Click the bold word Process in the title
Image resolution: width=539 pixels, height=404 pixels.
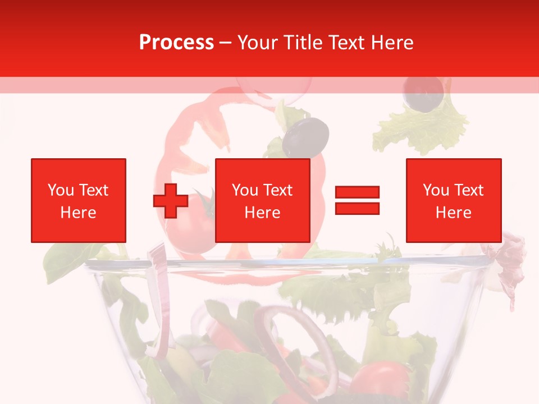(176, 43)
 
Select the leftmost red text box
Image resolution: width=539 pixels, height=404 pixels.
(78, 200)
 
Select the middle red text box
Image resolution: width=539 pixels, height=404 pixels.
(262, 200)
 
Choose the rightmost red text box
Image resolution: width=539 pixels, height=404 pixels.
(453, 200)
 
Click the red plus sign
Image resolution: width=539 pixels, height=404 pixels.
(171, 200)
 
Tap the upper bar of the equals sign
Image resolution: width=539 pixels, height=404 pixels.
(357, 192)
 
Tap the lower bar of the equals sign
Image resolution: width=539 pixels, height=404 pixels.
(357, 209)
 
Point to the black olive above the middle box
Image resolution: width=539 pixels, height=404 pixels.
(305, 136)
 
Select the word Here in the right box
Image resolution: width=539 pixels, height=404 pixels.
(453, 213)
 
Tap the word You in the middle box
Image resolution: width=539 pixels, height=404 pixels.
(245, 190)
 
